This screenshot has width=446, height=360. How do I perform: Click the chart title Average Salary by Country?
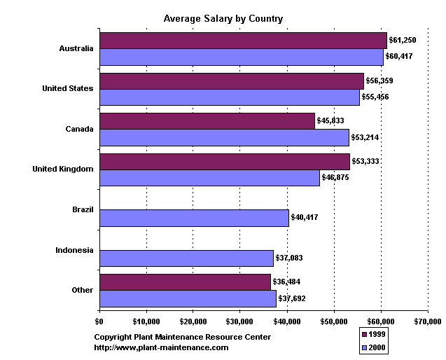[x=223, y=19]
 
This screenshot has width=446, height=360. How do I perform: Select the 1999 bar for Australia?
[x=243, y=41]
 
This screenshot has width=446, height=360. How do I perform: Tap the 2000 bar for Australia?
[x=242, y=57]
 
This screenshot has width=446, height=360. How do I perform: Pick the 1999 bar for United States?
[x=232, y=81]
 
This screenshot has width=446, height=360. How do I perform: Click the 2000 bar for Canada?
[x=224, y=137]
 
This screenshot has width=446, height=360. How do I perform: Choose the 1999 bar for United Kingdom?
[x=225, y=162]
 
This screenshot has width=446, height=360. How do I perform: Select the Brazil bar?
[x=194, y=218]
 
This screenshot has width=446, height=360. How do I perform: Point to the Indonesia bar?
[x=186, y=258]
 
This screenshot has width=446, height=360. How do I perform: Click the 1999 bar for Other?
[x=185, y=282]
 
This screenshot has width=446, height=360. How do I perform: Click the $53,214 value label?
[x=365, y=137]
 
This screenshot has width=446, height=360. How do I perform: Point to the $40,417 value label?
[x=305, y=218]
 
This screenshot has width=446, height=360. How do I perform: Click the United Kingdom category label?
[x=63, y=169]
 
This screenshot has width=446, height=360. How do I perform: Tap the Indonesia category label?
[x=74, y=250]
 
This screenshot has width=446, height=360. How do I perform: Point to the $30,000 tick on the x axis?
[x=240, y=321]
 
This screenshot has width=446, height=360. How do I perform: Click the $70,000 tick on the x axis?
[x=428, y=321]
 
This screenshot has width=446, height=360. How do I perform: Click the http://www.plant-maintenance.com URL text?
[x=161, y=347]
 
